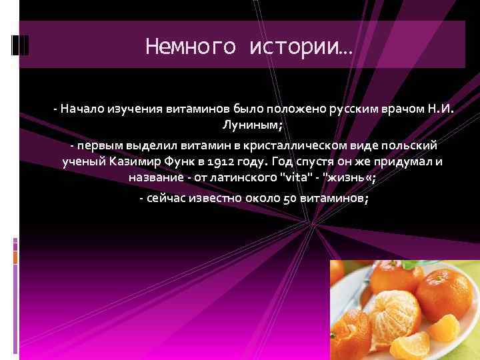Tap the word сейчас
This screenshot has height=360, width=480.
point(167,199)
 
